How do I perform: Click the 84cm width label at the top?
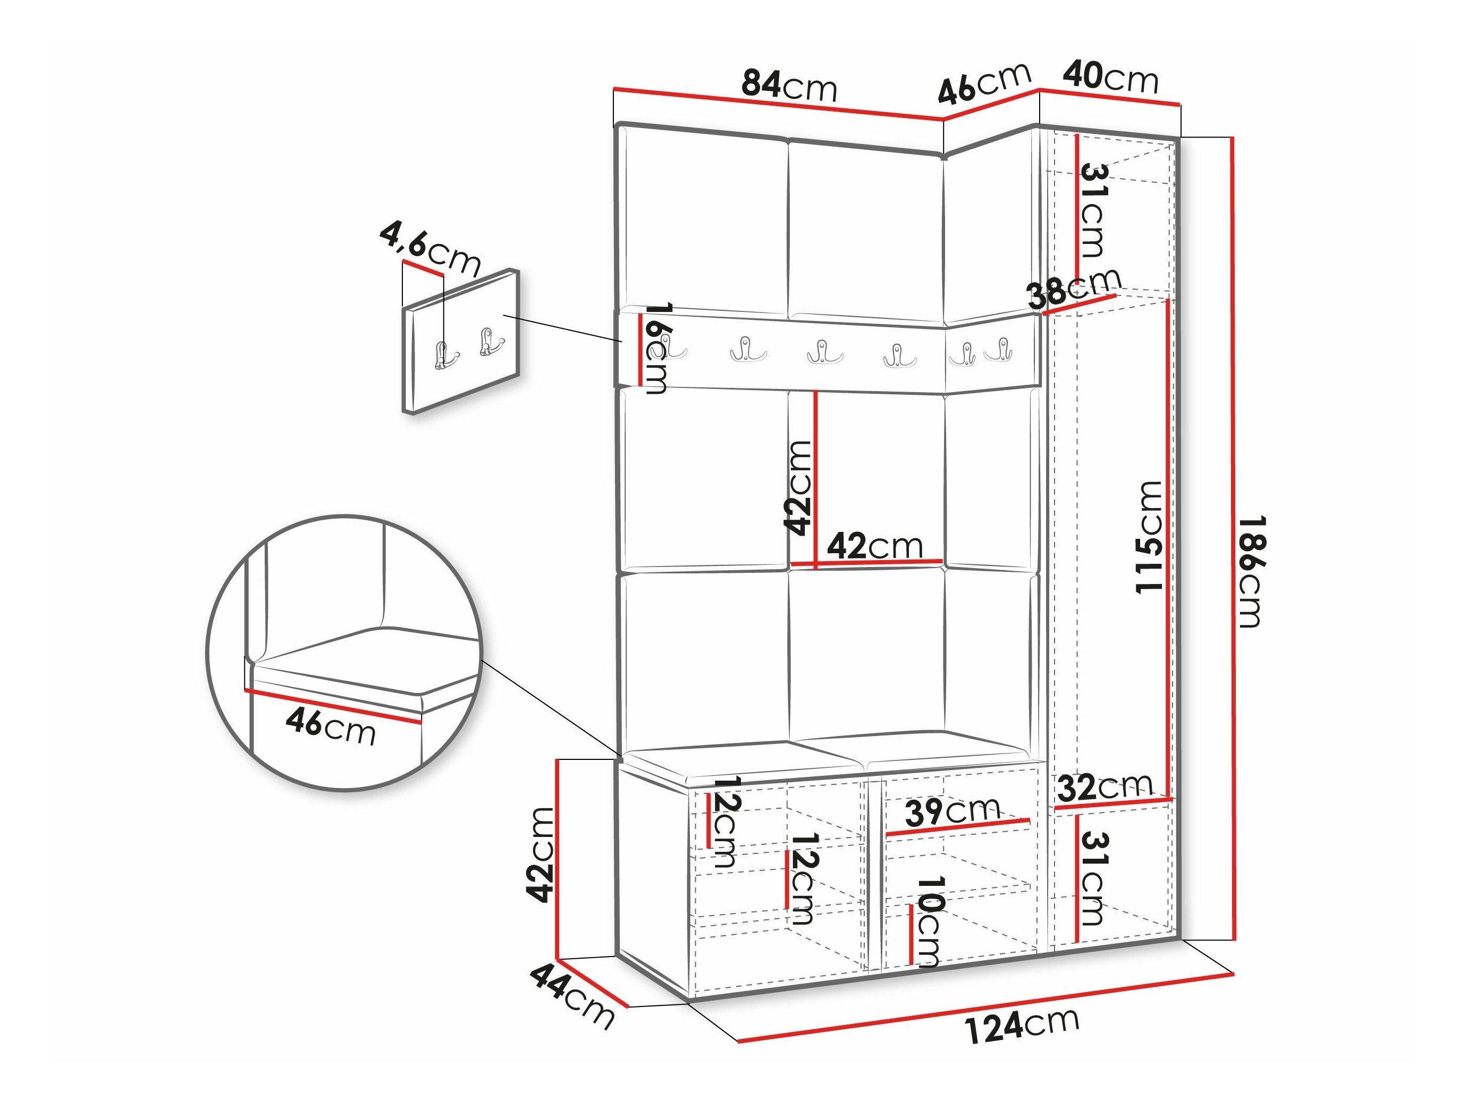[x=789, y=86]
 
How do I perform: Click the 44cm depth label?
[x=572, y=996]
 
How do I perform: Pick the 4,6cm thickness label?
[x=430, y=249]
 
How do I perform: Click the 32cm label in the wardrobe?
[x=1105, y=788]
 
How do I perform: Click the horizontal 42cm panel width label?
[x=875, y=546]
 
